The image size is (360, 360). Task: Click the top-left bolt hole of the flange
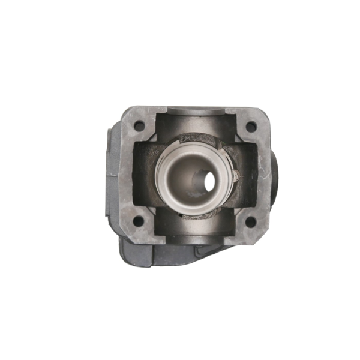pos(139,127)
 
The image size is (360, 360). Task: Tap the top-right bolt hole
pos(251,127)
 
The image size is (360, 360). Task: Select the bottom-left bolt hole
pos(139,221)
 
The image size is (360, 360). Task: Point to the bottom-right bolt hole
pos(251,221)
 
